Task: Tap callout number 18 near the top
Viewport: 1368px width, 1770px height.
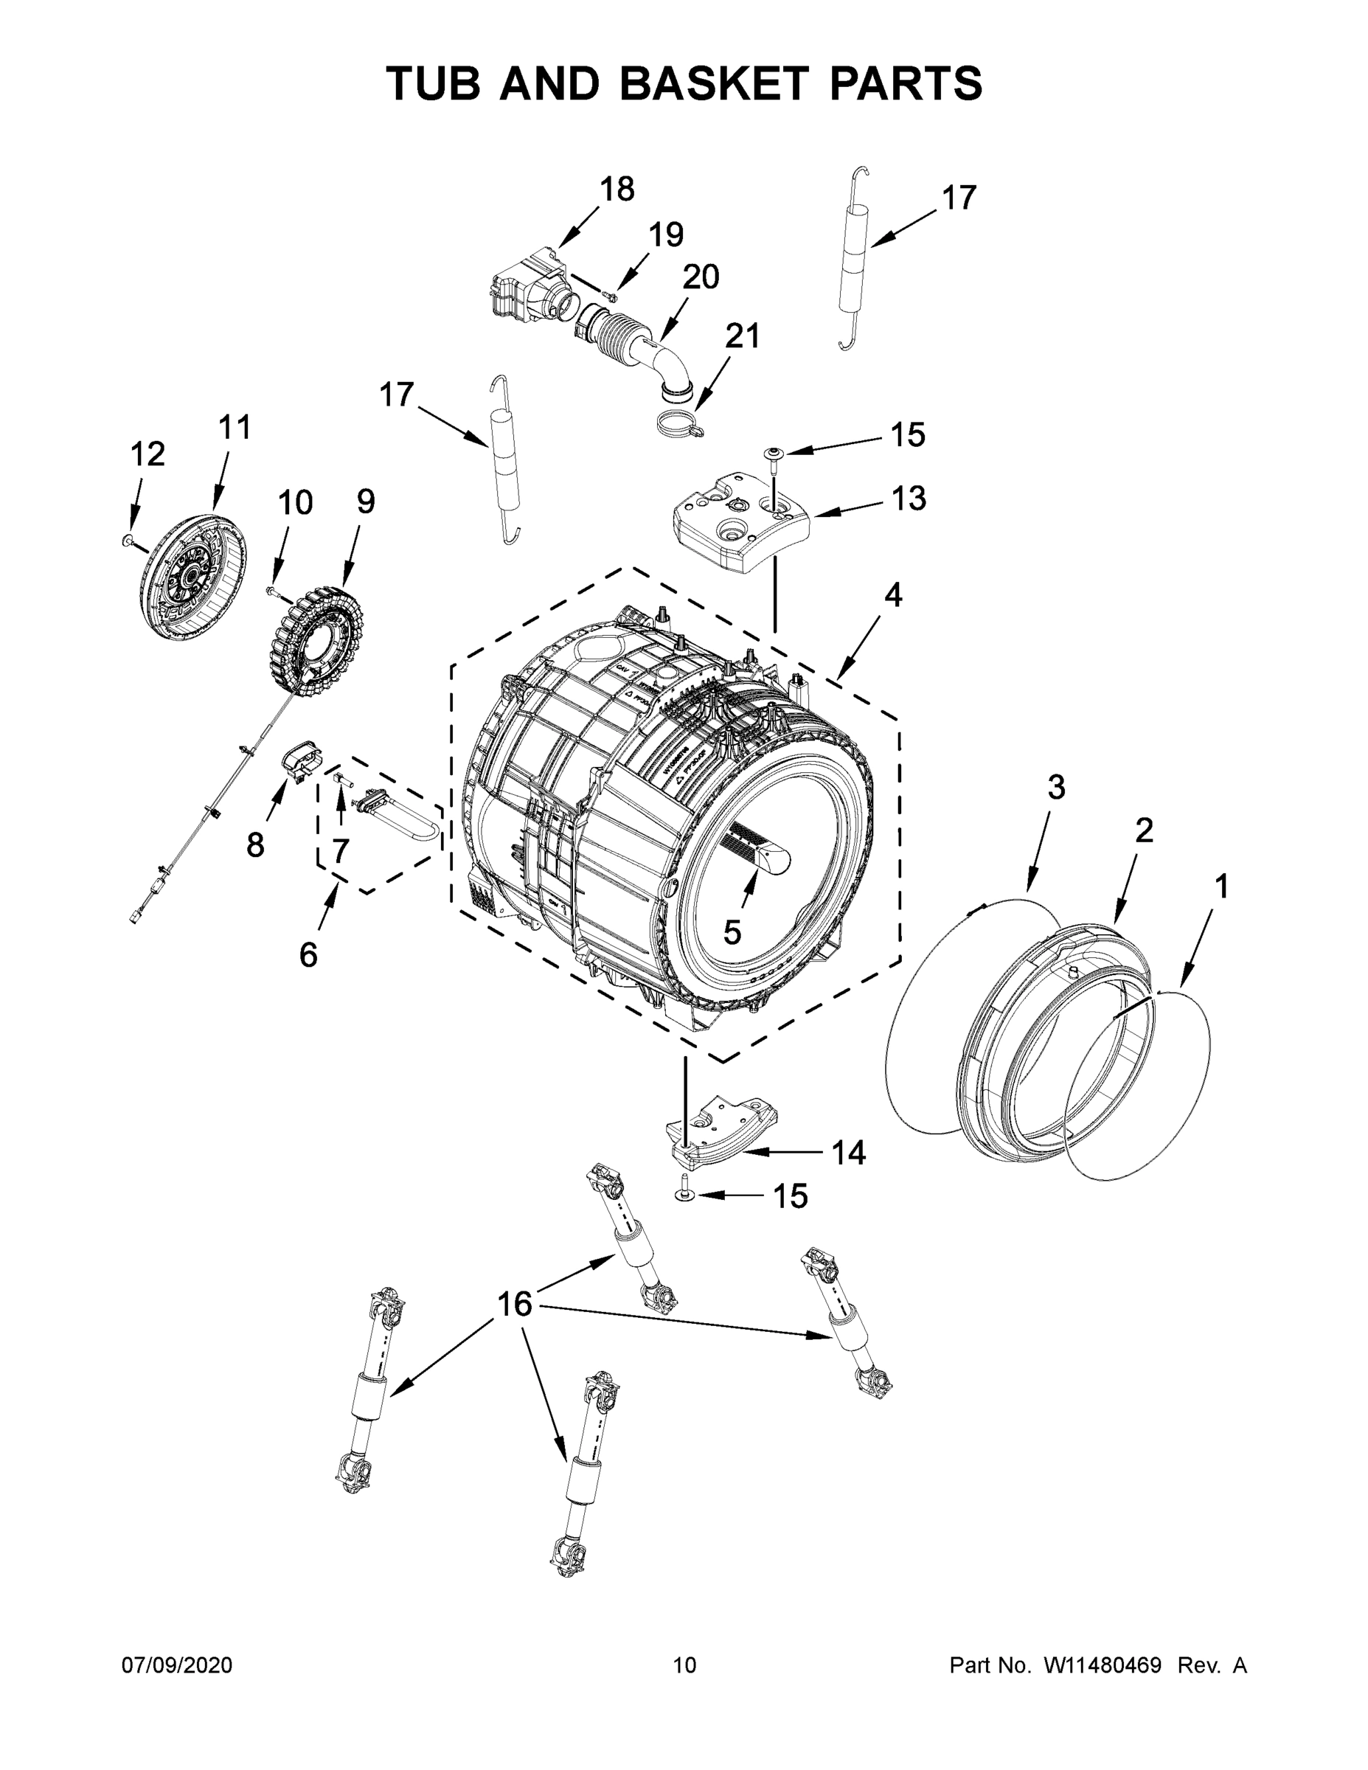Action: coord(617,189)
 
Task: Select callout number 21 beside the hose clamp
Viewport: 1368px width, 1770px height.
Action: coord(743,336)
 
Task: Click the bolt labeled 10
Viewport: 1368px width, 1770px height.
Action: coord(272,595)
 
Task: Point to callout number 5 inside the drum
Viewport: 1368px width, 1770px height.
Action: coord(732,932)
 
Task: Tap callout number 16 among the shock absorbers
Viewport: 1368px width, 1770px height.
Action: coord(514,1304)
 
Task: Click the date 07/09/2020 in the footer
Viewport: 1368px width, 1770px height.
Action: coord(177,1665)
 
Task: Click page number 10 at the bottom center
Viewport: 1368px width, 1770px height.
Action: coord(684,1665)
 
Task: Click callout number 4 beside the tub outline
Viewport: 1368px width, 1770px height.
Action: coord(892,596)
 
